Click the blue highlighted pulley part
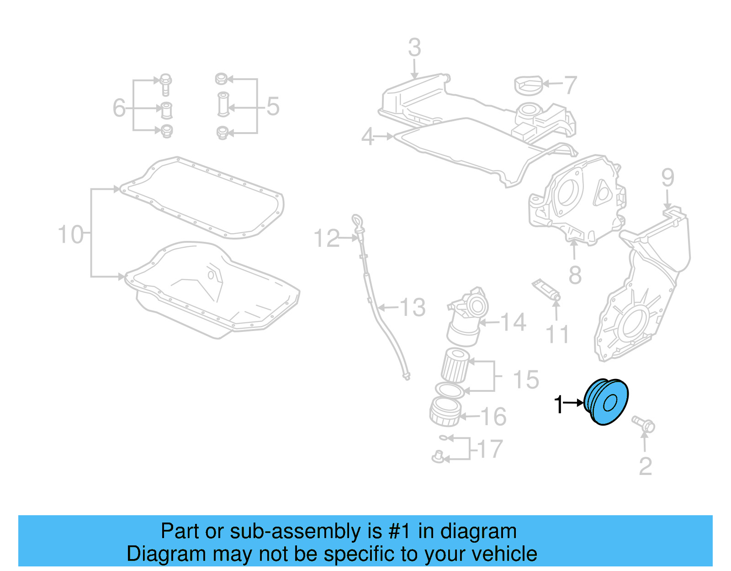coord(607,402)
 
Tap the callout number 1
coord(558,405)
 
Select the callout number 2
coord(645,466)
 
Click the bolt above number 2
coord(643,424)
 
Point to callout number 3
coord(414,48)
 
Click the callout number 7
coord(570,85)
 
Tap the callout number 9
coord(667,177)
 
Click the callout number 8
coord(575,275)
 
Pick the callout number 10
coord(71,235)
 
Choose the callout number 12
coord(327,239)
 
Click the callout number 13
coord(413,307)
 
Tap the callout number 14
coord(514,322)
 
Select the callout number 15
coord(526,379)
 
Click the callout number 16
coord(493,416)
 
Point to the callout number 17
coord(490,449)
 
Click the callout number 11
coord(557,334)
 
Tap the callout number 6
coord(119,108)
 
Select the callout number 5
coord(273,107)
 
